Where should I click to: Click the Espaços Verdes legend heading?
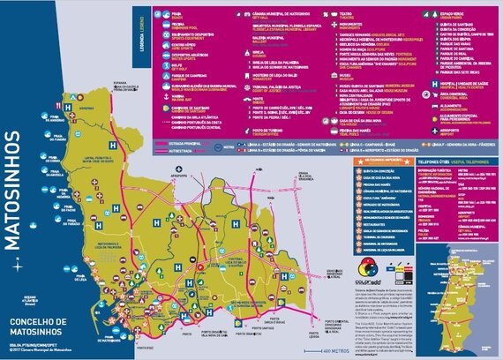point(411,17)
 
